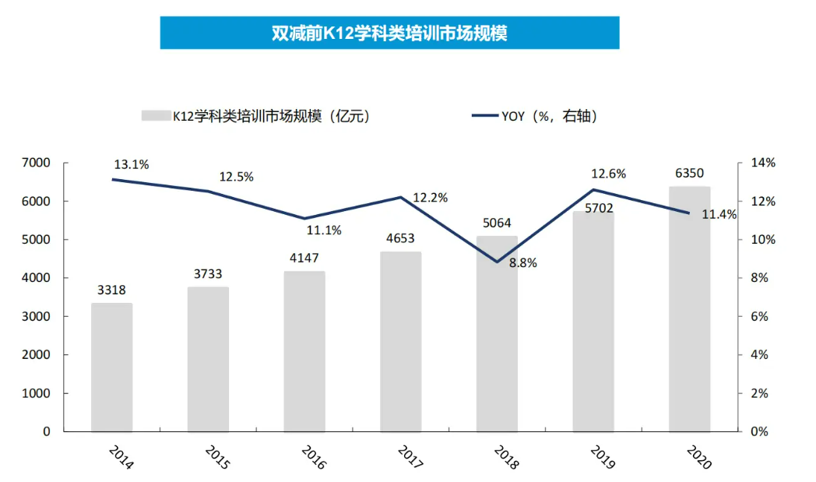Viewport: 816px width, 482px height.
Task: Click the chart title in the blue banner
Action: point(389,33)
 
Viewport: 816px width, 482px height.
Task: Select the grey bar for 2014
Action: point(111,367)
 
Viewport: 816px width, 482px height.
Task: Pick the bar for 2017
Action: point(400,342)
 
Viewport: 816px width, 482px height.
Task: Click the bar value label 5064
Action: point(497,223)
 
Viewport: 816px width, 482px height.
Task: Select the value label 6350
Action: point(689,173)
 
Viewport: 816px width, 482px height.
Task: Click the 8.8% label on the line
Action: point(522,263)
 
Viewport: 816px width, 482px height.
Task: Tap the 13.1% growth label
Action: point(132,165)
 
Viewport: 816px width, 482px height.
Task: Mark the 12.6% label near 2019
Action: point(608,174)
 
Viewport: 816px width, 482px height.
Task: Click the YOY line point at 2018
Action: point(497,262)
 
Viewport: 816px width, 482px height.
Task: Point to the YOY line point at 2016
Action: point(304,218)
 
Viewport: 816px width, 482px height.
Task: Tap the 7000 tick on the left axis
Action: point(36,163)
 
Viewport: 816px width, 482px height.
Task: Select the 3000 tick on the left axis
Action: point(36,316)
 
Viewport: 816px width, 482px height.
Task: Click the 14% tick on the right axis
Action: point(764,163)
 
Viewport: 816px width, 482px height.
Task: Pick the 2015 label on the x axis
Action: point(217,457)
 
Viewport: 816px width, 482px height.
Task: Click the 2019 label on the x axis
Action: point(602,457)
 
